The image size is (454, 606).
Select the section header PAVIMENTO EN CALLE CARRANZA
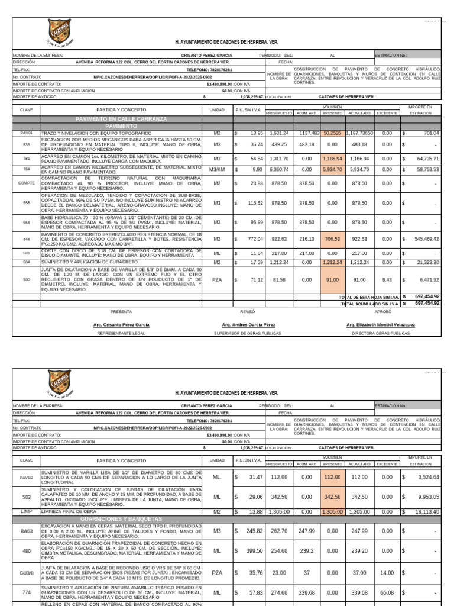[x=121, y=119]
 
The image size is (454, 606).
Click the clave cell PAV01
[x=27, y=133]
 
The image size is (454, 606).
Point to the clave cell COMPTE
[x=27, y=183]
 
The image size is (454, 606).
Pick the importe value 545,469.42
[x=423, y=239]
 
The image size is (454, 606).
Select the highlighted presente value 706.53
[x=333, y=239]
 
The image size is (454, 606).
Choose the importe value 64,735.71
[x=423, y=159]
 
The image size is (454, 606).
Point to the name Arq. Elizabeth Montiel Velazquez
[x=380, y=325]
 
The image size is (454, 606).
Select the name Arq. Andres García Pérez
[x=248, y=325]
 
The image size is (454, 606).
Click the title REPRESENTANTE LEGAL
[x=121, y=333]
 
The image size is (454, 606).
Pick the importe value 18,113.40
[x=423, y=511]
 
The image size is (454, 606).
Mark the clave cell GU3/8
[x=27, y=573]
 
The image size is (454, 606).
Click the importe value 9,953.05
[x=423, y=496]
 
